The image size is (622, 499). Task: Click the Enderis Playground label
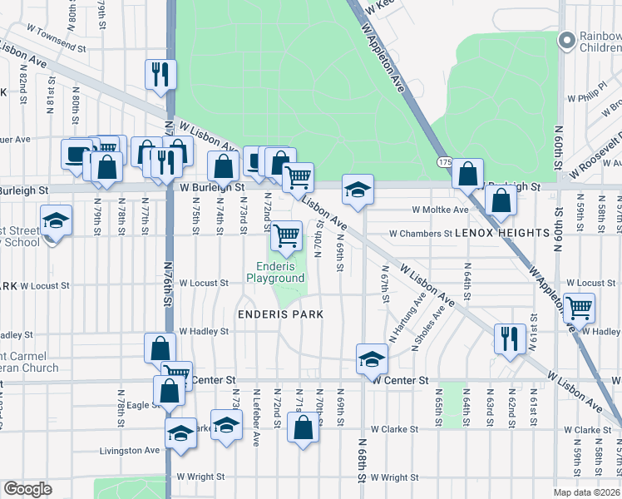274,273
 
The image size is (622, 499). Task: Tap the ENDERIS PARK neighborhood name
279,314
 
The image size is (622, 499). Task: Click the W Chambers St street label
421,234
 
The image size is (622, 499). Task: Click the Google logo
27,489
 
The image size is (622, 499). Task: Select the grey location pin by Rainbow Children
568,41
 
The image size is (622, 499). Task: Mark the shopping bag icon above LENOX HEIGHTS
501,200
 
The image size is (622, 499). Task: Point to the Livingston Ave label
130,450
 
